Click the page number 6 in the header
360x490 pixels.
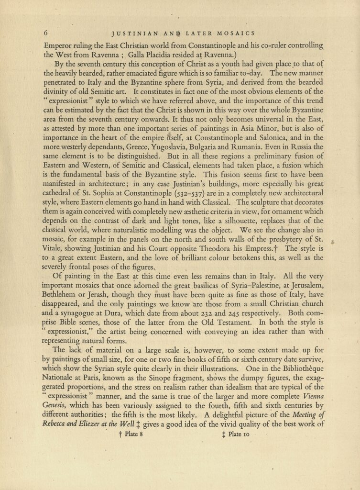pyautogui.click(x=45, y=33)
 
